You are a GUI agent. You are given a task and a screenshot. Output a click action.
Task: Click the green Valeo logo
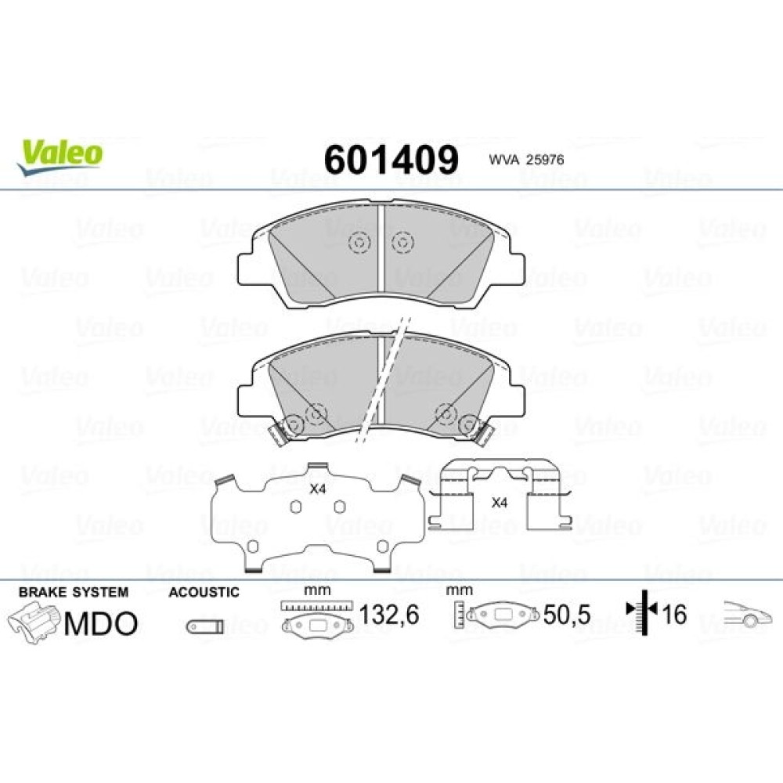click(60, 156)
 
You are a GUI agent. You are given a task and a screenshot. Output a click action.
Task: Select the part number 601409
click(391, 160)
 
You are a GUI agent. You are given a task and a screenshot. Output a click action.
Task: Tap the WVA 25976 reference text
click(526, 160)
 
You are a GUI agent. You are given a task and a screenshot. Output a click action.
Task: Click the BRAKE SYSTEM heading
click(74, 592)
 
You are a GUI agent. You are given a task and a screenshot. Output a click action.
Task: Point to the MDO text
click(101, 623)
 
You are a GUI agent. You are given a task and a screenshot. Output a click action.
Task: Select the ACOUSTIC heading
click(204, 592)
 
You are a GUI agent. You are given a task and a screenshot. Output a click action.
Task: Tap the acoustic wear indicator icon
click(204, 626)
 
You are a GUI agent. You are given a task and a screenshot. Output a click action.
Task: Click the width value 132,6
click(389, 614)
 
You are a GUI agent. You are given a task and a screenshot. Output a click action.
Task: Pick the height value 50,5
click(567, 615)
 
